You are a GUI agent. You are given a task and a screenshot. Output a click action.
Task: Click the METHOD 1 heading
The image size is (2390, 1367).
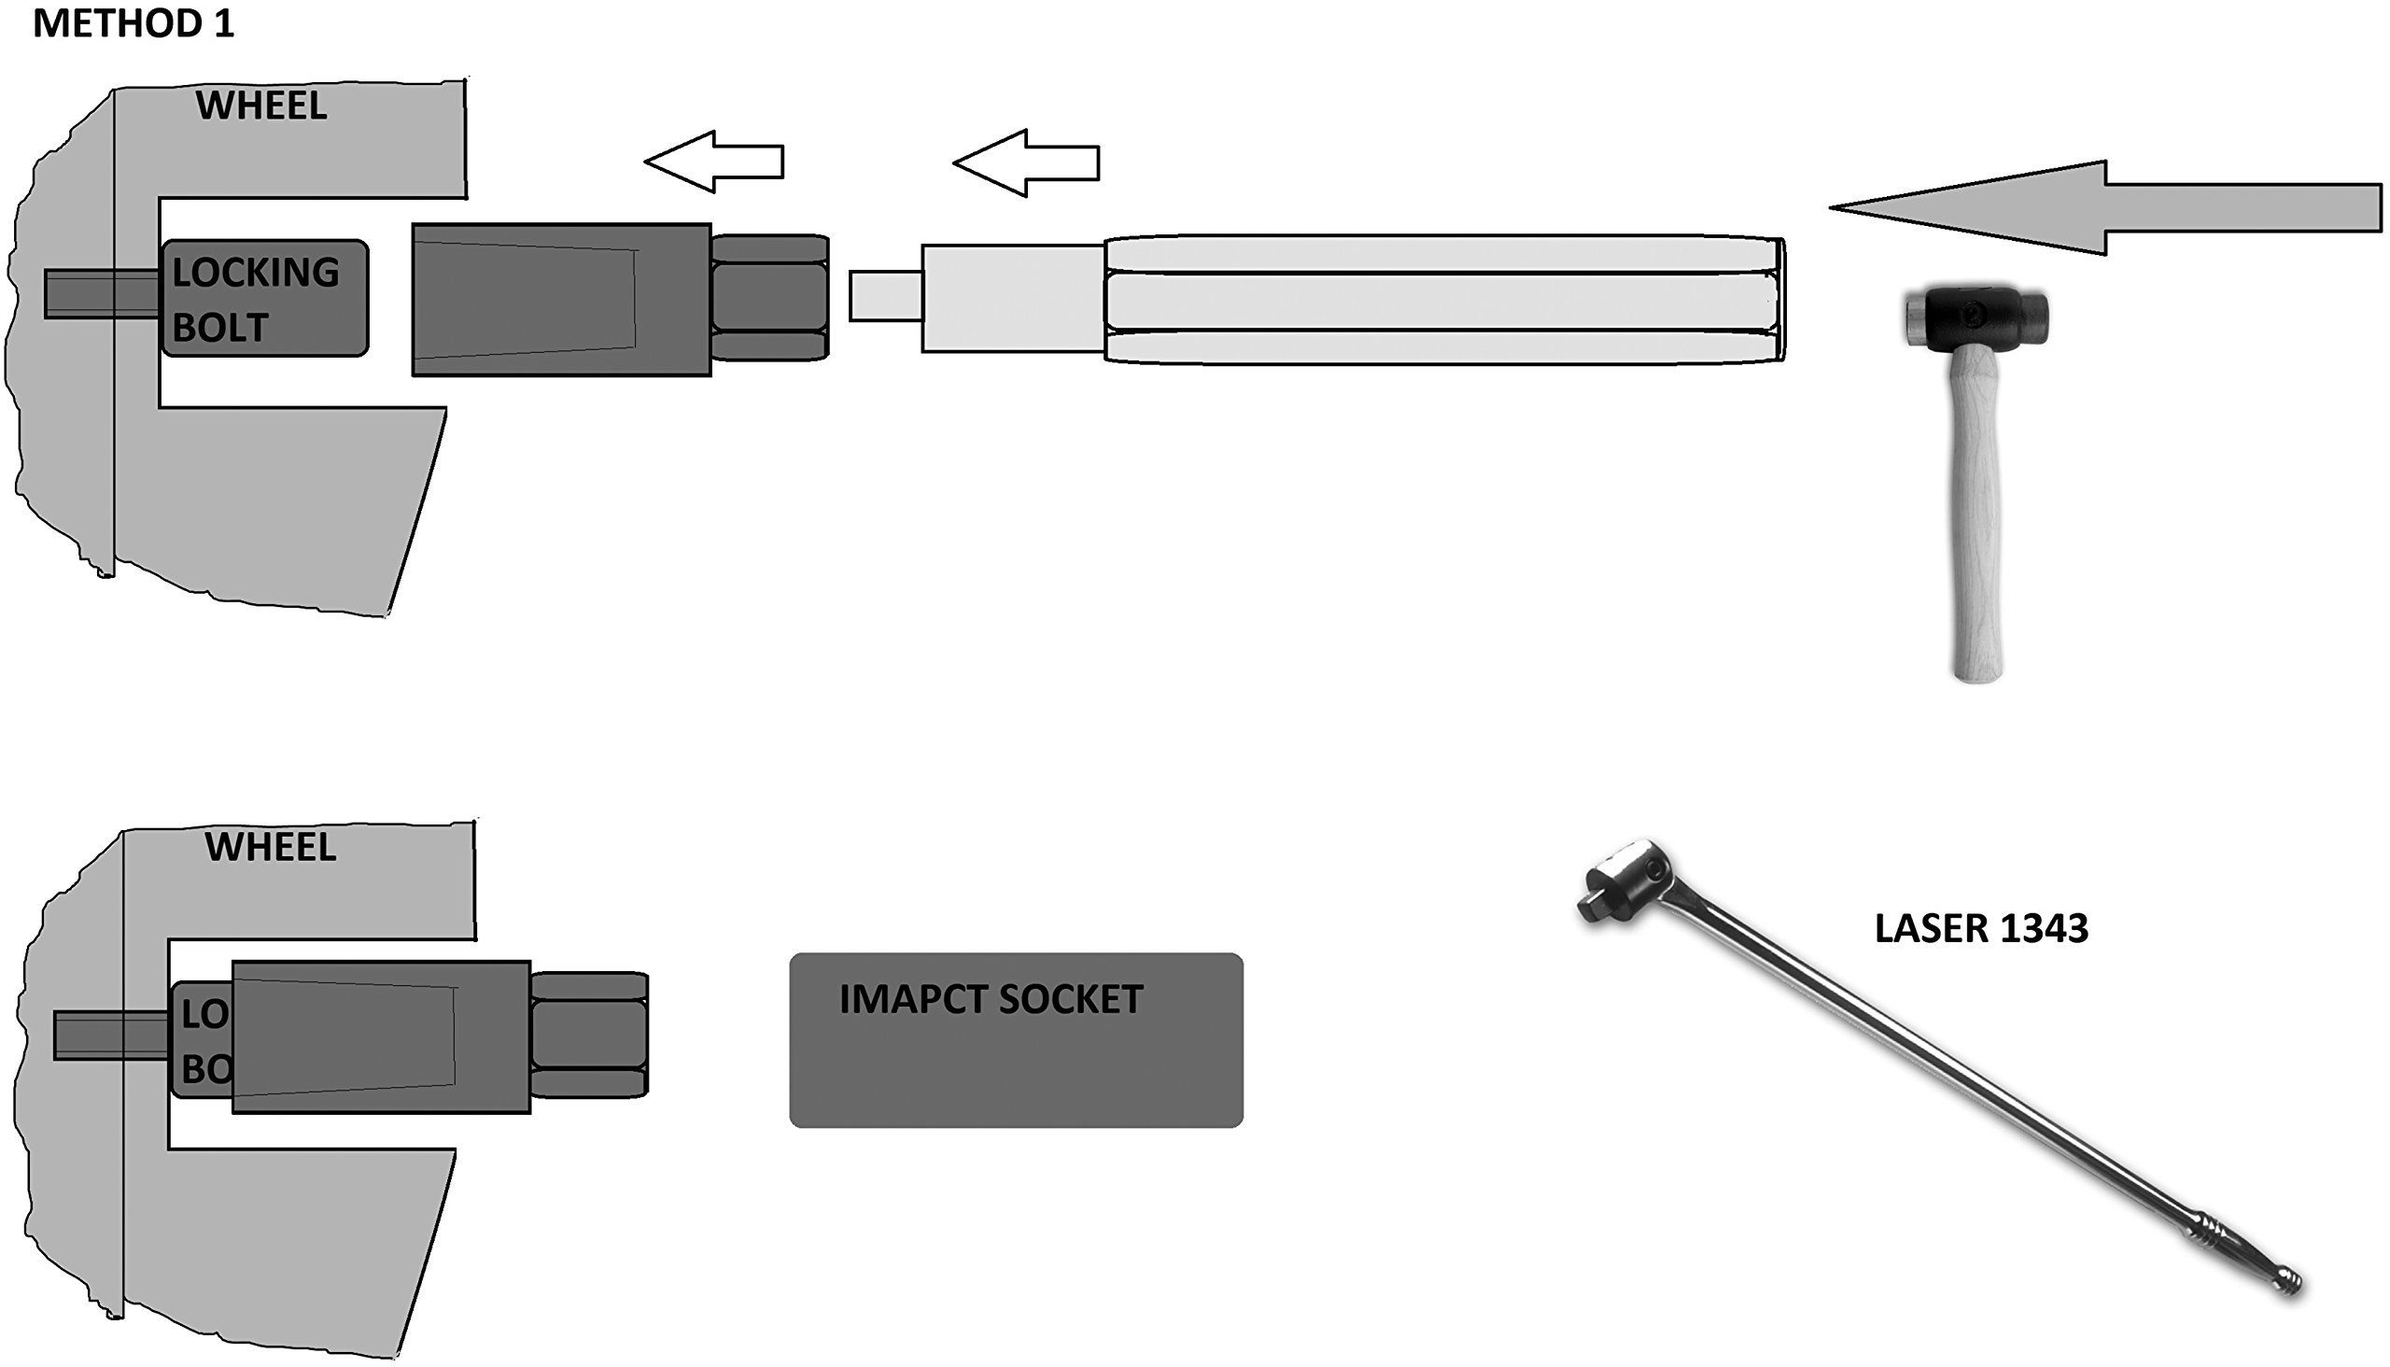pyautogui.click(x=133, y=23)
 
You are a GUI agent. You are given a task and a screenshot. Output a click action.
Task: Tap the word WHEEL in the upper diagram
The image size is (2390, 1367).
pyautogui.click(x=261, y=106)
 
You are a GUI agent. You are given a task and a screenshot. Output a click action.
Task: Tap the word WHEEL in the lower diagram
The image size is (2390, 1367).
pyautogui.click(x=271, y=847)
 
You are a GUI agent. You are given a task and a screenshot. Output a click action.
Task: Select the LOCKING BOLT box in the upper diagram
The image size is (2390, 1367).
pyautogui.click(x=264, y=298)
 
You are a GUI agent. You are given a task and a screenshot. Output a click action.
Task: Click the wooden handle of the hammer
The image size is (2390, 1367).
pyautogui.click(x=1975, y=526)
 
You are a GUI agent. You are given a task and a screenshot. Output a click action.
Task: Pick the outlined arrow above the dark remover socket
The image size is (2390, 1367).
pyautogui.click(x=714, y=162)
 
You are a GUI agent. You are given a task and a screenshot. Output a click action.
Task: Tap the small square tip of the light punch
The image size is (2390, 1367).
pyautogui.click(x=885, y=296)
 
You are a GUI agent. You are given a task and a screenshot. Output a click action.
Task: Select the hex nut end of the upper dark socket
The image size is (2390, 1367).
pyautogui.click(x=770, y=298)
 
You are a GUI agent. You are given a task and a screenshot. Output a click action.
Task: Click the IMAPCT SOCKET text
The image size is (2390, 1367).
pyautogui.click(x=991, y=999)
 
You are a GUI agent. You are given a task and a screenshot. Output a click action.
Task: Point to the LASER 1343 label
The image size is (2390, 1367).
pyautogui.click(x=1981, y=928)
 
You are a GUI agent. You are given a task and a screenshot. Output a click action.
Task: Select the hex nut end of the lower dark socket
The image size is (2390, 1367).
pyautogui.click(x=588, y=1035)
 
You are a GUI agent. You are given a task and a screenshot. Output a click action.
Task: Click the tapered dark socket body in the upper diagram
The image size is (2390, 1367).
pyautogui.click(x=561, y=300)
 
